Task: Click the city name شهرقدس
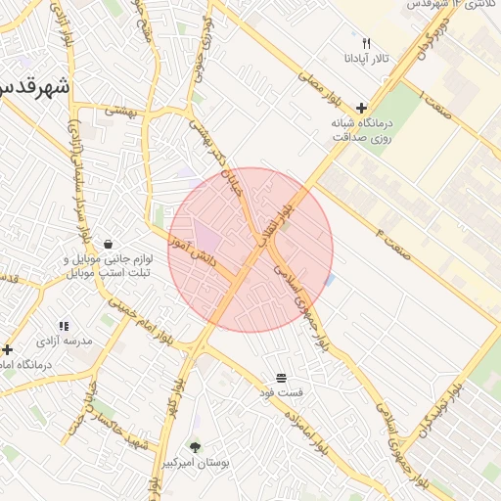pos(34,88)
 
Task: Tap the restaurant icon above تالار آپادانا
pos(366,43)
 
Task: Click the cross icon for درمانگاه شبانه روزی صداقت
pos(362,108)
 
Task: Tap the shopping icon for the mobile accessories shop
pos(107,244)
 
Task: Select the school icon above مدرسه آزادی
pos(64,326)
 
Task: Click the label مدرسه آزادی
pos(64,342)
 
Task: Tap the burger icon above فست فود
pos(281,378)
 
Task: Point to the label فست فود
pos(281,392)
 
